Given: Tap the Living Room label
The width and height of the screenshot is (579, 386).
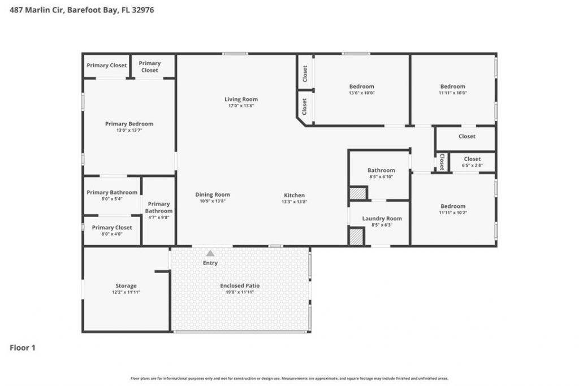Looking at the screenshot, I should [x=241, y=99].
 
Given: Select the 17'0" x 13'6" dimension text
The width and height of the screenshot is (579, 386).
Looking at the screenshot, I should [x=241, y=106].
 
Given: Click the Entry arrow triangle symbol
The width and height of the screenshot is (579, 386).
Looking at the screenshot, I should [x=210, y=254].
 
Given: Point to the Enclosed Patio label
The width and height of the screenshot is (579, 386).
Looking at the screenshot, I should [x=240, y=285].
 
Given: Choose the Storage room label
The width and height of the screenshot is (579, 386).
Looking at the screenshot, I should [x=126, y=286].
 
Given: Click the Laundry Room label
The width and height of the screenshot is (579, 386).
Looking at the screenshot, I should [x=382, y=218].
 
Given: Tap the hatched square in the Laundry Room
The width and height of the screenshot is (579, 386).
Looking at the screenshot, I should [x=356, y=236].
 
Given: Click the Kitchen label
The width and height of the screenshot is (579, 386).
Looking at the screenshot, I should [x=294, y=195].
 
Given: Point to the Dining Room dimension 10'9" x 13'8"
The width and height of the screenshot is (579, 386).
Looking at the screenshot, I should [x=213, y=201].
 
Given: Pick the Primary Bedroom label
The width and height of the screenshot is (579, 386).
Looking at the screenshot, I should [x=129, y=124].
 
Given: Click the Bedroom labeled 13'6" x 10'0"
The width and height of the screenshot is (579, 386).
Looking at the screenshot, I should [x=361, y=86].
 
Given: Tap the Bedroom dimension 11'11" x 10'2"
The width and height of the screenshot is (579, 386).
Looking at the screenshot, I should [x=453, y=213].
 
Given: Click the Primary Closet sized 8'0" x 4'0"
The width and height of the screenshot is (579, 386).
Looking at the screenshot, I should [x=112, y=227].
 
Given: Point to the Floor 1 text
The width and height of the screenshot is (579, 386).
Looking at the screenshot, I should [x=23, y=348].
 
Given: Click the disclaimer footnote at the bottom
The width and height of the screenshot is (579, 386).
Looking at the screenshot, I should [x=289, y=379].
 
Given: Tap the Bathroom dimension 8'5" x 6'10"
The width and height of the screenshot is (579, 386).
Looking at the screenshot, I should [x=381, y=177].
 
